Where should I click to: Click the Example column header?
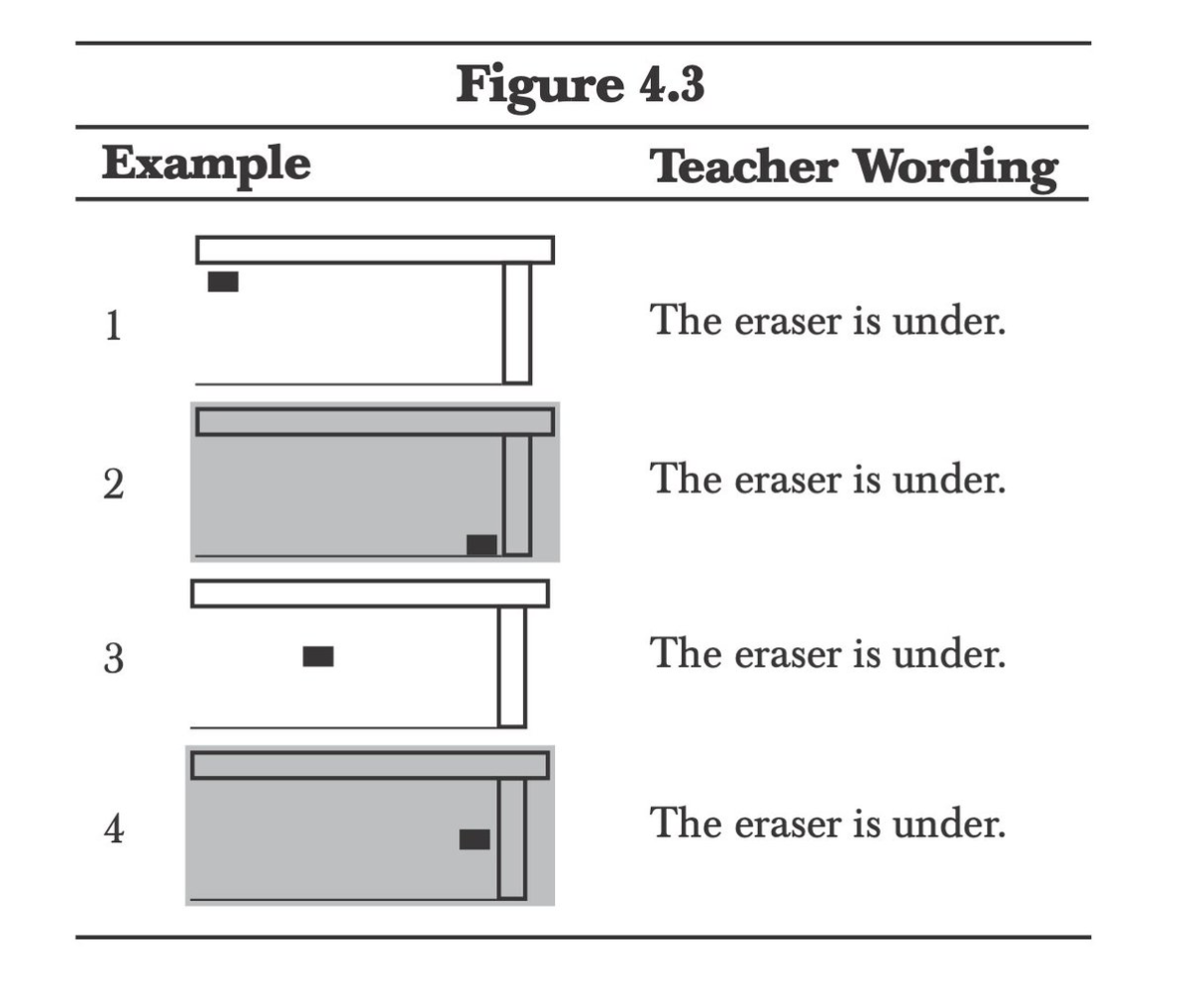tap(206, 164)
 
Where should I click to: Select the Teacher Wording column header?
tap(853, 167)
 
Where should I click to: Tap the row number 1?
tap(114, 326)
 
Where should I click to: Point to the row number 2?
tap(114, 486)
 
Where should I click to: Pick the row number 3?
tap(114, 658)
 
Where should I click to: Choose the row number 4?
tap(115, 828)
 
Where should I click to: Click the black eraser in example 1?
tap(223, 281)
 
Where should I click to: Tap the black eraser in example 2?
tap(482, 545)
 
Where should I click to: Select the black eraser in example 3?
tap(318, 656)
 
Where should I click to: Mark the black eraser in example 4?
tap(475, 839)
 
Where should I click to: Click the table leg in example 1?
tap(516, 322)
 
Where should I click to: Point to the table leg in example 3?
tap(511, 666)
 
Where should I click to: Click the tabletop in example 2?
tap(375, 421)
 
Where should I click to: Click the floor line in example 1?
tap(347, 383)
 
